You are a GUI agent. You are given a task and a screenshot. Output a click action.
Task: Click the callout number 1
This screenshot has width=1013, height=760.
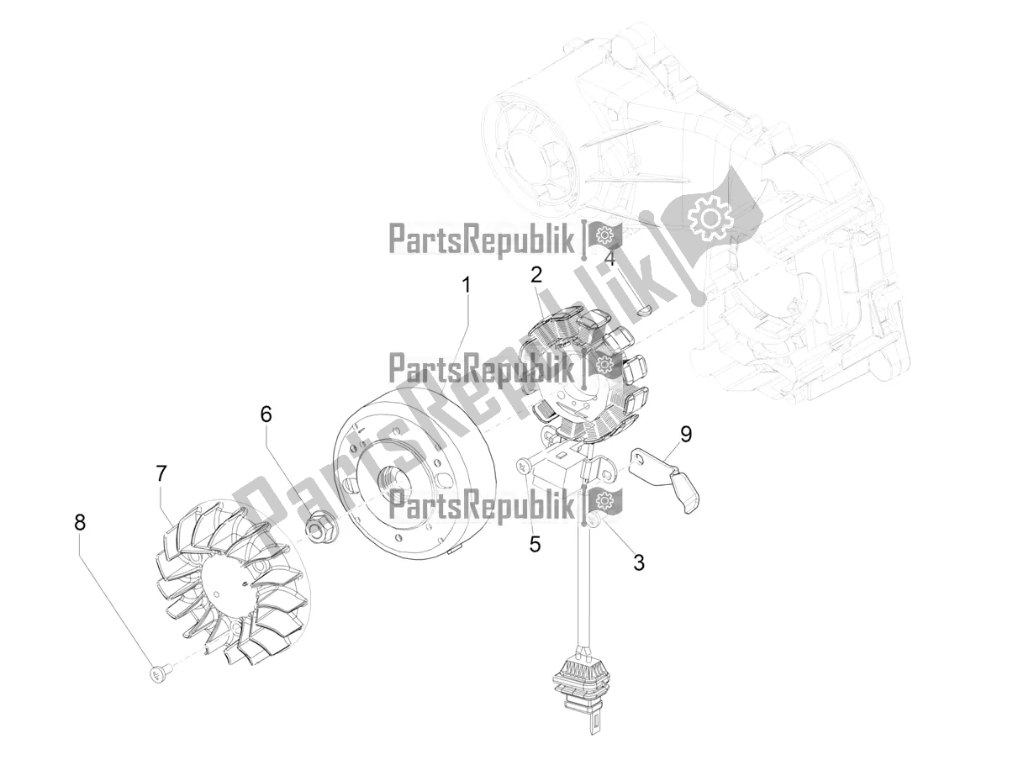click(x=465, y=286)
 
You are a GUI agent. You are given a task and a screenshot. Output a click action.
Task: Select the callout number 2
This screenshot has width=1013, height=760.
click(x=536, y=274)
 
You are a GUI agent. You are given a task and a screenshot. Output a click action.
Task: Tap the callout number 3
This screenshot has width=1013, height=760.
click(x=639, y=562)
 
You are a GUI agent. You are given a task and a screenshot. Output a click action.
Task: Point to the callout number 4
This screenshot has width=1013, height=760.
click(x=609, y=259)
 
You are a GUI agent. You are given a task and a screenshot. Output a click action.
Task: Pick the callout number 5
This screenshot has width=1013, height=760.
click(x=535, y=544)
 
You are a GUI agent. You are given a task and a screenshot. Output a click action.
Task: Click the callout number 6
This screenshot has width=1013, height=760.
click(x=266, y=414)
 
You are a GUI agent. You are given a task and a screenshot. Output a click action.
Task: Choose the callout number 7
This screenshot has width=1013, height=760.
click(x=161, y=474)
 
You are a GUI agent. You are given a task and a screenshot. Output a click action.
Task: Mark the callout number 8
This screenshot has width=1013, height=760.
click(x=80, y=522)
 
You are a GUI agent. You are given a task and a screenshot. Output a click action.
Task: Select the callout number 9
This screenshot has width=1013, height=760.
click(x=686, y=434)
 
